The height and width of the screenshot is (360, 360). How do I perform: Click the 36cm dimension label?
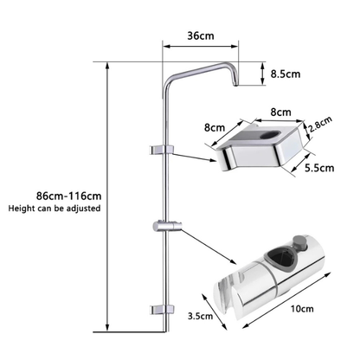tap(200, 35)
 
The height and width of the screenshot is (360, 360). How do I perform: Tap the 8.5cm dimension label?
tap(285, 74)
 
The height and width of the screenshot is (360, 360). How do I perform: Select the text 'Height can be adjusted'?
tap(55, 209)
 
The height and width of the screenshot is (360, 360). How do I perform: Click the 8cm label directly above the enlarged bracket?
tap(256, 111)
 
